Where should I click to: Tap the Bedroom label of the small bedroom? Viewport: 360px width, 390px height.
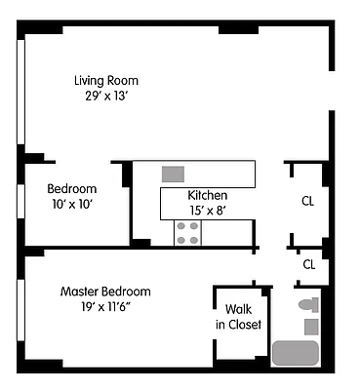(72, 188)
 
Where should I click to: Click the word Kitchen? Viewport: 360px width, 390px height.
(208, 195)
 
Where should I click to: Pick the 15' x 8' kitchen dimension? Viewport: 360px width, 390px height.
(208, 210)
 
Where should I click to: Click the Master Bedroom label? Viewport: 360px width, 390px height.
(105, 292)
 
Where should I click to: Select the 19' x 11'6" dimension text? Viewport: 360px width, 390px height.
(105, 307)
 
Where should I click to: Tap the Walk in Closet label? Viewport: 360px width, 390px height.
(239, 317)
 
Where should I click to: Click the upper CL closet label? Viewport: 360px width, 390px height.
(307, 202)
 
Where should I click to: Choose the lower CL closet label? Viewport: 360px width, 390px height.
(309, 264)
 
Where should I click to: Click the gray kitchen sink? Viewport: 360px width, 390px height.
(173, 174)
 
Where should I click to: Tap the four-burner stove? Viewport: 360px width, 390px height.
(187, 232)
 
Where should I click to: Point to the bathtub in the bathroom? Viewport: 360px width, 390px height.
(297, 352)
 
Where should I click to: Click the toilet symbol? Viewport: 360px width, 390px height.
(308, 304)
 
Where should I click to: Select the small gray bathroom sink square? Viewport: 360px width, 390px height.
(311, 326)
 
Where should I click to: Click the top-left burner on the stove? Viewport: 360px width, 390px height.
(181, 226)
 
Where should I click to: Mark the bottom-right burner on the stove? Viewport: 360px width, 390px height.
(194, 239)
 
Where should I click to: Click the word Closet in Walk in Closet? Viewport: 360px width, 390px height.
(245, 325)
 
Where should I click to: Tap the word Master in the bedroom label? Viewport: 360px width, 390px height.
(80, 292)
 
